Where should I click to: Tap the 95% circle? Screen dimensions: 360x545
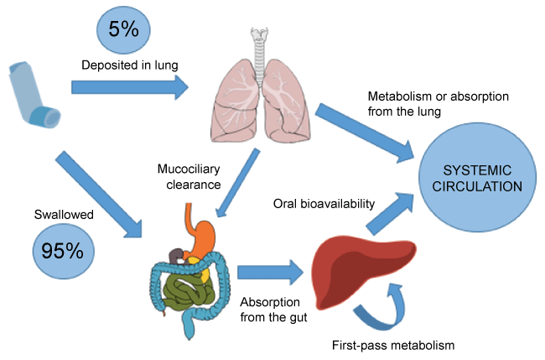[x=60, y=250]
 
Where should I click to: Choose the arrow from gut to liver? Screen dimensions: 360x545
[x=267, y=271]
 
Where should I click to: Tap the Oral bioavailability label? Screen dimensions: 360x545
[x=323, y=203]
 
